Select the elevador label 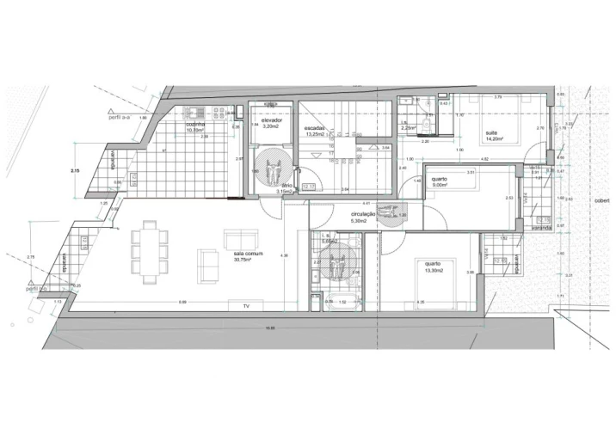pyautogui.click(x=272, y=120)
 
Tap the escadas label pyautogui.click(x=313, y=128)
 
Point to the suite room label pyautogui.click(x=491, y=132)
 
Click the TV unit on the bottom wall pyautogui.click(x=245, y=306)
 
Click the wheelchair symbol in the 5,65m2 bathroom pyautogui.click(x=342, y=262)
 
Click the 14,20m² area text pyautogui.click(x=493, y=138)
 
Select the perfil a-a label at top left pyautogui.click(x=117, y=118)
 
